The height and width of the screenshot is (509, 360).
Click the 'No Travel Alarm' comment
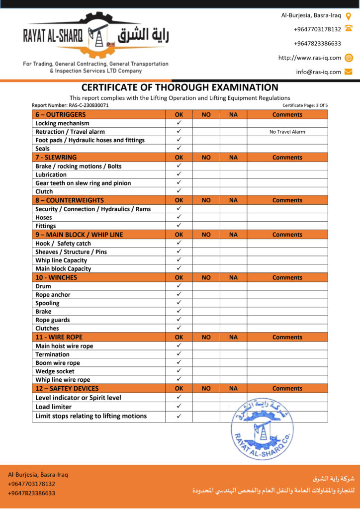287,132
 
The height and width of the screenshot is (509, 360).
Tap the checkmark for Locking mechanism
179,123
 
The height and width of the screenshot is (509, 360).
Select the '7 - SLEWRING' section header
56,158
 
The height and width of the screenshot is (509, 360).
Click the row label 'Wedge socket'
55,371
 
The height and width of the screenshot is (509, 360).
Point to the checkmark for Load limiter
179,407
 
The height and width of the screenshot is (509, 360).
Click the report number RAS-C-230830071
70,105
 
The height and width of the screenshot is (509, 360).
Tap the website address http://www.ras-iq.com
309,58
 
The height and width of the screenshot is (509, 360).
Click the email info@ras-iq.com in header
318,72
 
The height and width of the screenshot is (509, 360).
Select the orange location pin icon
349,15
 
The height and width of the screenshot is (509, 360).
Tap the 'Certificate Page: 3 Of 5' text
305,105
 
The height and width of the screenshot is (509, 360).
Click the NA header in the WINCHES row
233,278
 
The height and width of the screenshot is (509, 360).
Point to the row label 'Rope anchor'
53,295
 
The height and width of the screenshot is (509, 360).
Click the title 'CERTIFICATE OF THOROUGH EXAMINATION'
180,87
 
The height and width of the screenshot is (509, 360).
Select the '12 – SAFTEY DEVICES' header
67,389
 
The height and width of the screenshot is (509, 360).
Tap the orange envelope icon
348,72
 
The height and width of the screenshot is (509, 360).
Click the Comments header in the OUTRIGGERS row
287,115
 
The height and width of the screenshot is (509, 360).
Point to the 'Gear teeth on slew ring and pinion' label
83,183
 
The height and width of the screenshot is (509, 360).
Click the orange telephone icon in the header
348,29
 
